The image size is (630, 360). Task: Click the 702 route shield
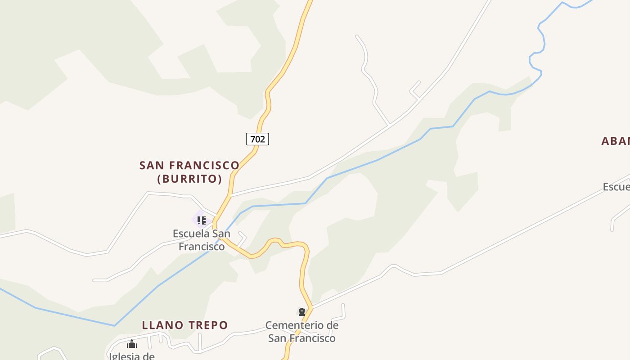pos(257,139)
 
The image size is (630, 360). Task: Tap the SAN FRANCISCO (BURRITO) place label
pos(189,172)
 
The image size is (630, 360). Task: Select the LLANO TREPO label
pos(185,325)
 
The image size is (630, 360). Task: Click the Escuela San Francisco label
pos(202,240)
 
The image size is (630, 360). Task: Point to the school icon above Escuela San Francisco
pos(202,220)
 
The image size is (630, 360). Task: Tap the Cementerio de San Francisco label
pos(302,332)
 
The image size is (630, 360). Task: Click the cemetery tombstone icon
pos(301,312)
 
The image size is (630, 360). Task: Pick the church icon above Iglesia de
pos(132,344)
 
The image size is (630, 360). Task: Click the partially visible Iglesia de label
pos(132,356)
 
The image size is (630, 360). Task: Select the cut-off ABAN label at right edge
pos(616,141)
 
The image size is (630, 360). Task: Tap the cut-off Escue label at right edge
pos(616,187)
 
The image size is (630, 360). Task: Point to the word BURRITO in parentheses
pos(189,179)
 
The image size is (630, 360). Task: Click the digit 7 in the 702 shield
pos(252,139)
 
